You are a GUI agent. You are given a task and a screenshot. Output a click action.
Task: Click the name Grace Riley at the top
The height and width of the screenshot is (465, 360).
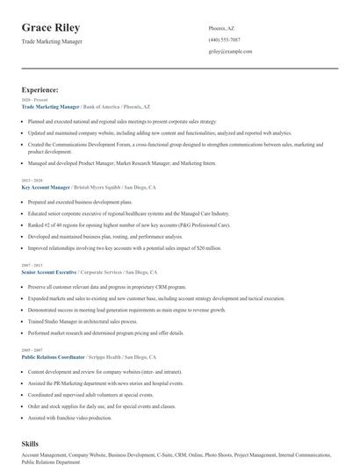(x=50, y=28)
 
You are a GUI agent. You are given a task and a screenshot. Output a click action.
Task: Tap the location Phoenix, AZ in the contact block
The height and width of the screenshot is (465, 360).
(x=221, y=28)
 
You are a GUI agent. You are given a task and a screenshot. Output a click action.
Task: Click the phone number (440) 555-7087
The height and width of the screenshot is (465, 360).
(x=224, y=39)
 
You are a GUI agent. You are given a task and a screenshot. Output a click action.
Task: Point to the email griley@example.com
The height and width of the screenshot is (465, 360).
(x=230, y=52)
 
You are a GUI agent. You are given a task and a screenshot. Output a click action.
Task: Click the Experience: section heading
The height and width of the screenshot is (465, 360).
(x=40, y=89)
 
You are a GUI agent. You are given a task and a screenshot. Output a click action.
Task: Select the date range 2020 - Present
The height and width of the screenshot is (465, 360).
(x=32, y=100)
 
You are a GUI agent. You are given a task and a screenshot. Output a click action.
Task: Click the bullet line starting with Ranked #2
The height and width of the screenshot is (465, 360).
(x=128, y=224)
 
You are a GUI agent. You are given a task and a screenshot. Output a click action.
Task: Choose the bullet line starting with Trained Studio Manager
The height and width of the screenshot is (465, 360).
(x=91, y=321)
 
